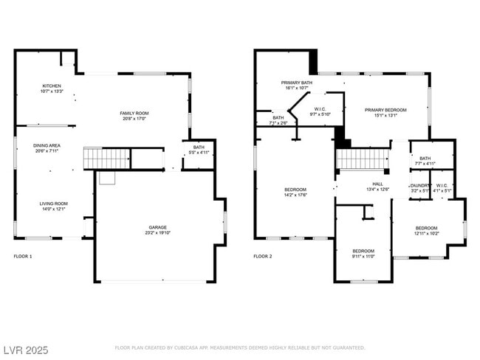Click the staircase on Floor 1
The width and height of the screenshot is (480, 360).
click(106, 159)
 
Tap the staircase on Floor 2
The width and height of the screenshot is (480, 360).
click(363, 159)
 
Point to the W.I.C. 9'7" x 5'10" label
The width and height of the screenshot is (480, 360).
click(319, 111)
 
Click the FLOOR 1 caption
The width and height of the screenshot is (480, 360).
click(23, 257)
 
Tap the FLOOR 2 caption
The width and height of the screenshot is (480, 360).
click(263, 257)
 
